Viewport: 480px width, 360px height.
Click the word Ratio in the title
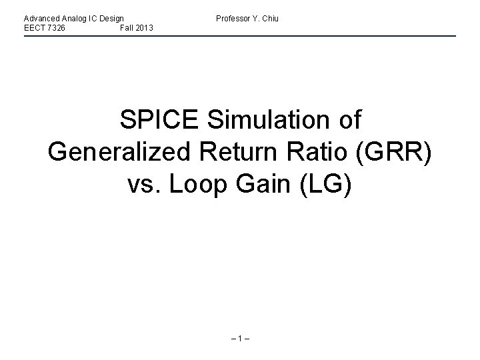click(323, 151)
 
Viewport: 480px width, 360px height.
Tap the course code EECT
click(33, 27)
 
